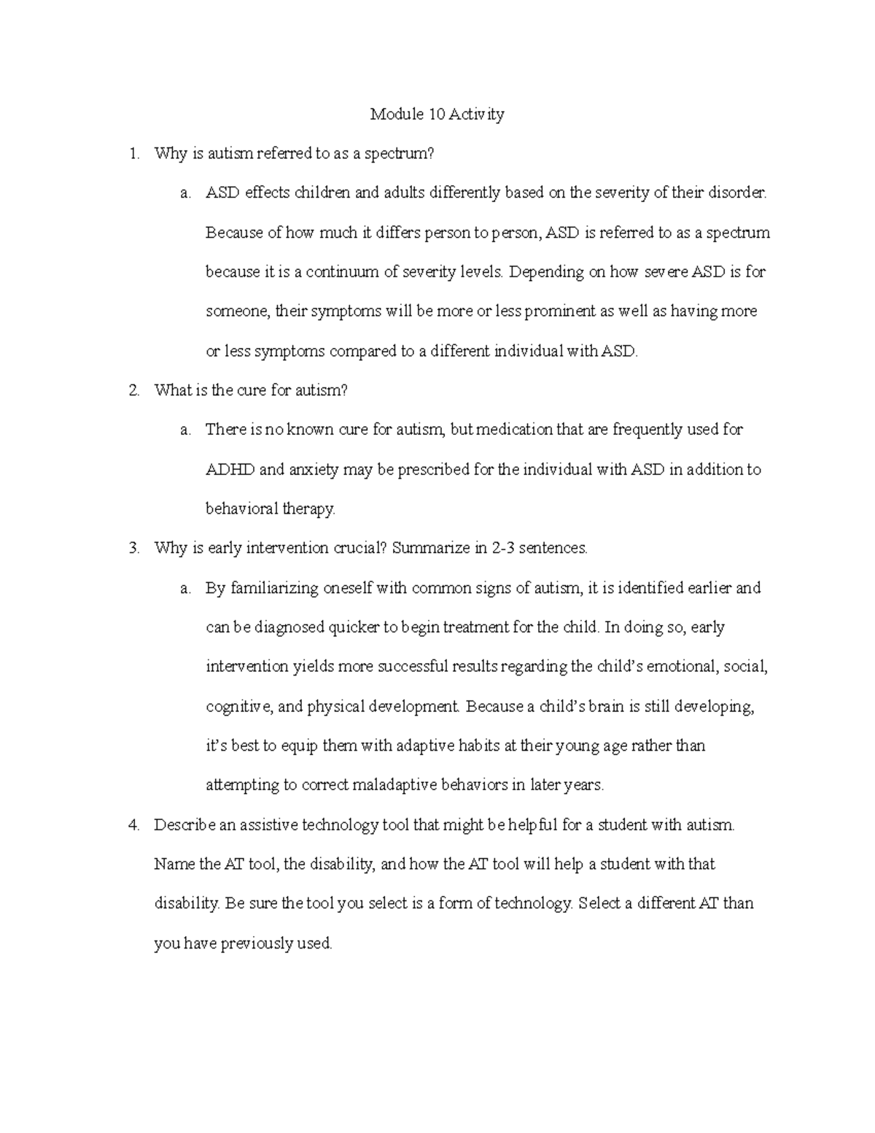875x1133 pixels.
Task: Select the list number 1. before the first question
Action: pos(133,154)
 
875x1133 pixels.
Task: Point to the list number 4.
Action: pos(133,825)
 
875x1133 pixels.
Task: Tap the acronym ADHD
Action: pos(230,470)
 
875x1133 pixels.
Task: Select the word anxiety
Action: pos(314,470)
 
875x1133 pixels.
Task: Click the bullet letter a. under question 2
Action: pos(185,430)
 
